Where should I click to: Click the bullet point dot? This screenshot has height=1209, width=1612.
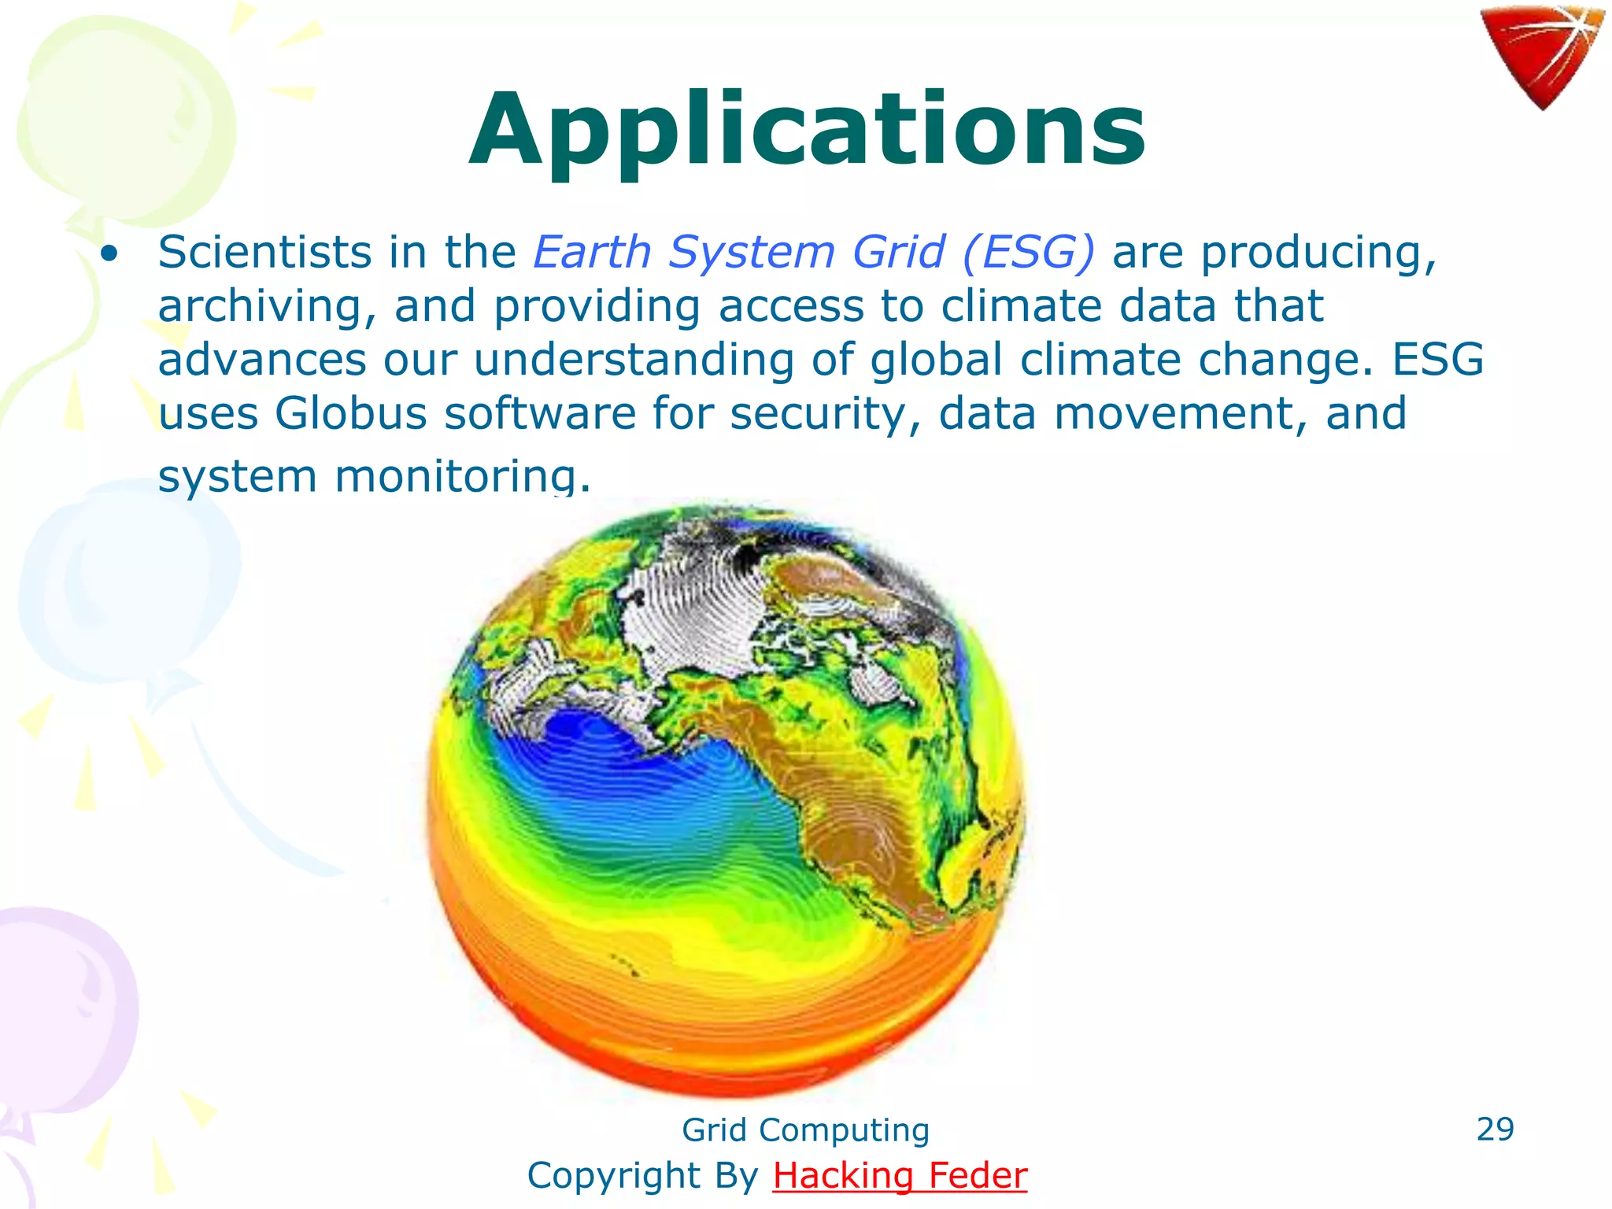coord(109,254)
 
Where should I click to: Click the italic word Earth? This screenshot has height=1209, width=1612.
coord(592,253)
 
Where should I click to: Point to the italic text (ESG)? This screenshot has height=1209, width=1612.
coord(1027,253)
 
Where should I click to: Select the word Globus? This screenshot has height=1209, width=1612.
coord(350,413)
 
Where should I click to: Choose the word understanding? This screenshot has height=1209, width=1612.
coord(634,360)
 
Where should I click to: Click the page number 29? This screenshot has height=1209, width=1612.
coord(1495,1129)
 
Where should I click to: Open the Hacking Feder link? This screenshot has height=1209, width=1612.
coord(900,1175)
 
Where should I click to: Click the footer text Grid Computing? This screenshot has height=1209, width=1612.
coord(805,1130)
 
